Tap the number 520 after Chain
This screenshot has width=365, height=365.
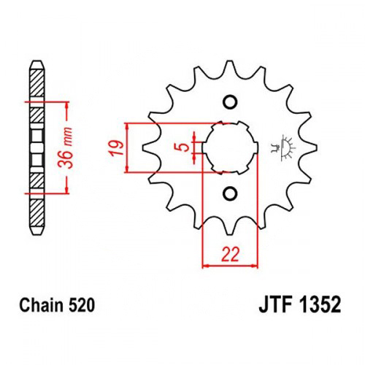[x=82, y=305]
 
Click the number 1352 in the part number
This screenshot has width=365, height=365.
[x=320, y=305]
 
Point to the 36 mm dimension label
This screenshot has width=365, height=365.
[x=65, y=147]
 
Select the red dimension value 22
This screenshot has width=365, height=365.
[x=230, y=255]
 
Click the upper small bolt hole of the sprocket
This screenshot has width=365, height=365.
[x=230, y=102]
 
